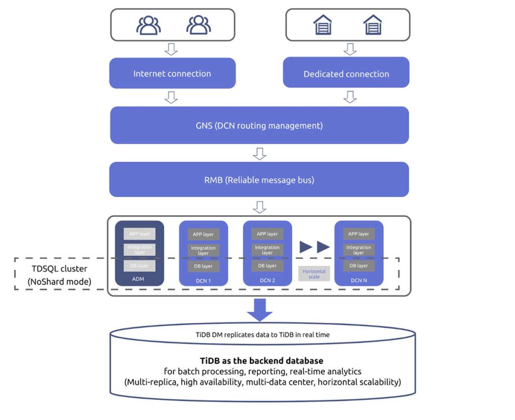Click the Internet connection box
(x=172, y=73)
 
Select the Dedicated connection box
(x=346, y=74)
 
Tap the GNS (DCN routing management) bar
(x=259, y=125)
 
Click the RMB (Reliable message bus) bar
(x=259, y=180)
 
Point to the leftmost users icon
(x=148, y=25)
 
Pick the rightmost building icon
(x=373, y=25)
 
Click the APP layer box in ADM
(x=140, y=234)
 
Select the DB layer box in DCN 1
(x=203, y=266)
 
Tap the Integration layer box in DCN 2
(x=267, y=250)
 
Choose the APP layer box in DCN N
(x=359, y=234)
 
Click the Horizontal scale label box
(x=314, y=274)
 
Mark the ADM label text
(x=139, y=280)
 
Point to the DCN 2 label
(x=267, y=280)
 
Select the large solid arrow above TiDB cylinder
(x=260, y=309)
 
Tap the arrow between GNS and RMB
(x=259, y=153)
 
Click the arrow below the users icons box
(x=171, y=49)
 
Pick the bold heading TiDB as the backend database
(x=261, y=361)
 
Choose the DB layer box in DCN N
(x=359, y=266)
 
